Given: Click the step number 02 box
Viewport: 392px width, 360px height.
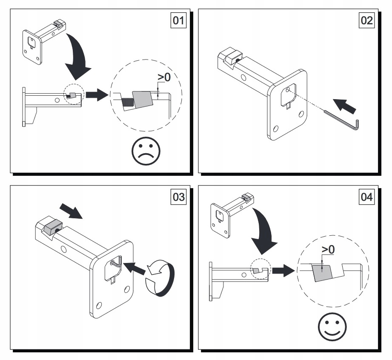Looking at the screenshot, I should pyautogui.click(x=366, y=21).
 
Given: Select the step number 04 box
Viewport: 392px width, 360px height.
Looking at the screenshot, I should pyautogui.click(x=366, y=197).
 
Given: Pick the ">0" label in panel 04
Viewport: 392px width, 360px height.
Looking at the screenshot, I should pyautogui.click(x=328, y=250).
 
